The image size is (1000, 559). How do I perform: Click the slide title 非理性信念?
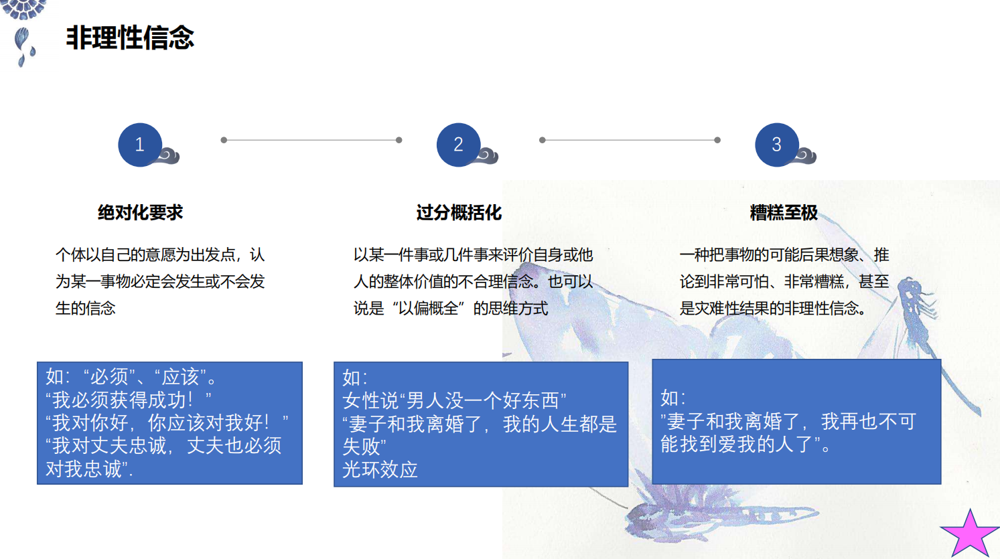[130, 37]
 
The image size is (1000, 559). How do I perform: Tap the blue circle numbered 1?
[140, 145]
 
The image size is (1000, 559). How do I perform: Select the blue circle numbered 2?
[459, 145]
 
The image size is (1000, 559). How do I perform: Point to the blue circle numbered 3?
[777, 145]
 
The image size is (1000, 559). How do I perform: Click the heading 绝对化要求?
[140, 212]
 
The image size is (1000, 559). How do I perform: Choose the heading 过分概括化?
[459, 212]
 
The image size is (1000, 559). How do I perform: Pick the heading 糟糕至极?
[784, 212]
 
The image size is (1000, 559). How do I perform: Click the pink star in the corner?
[970, 534]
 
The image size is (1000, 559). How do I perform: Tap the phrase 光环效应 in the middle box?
[380, 470]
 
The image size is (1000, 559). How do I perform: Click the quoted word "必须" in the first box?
[109, 377]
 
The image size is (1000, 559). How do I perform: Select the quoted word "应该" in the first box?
[180, 377]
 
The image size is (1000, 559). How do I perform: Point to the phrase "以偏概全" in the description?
[428, 308]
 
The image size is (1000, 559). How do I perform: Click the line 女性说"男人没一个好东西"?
[455, 400]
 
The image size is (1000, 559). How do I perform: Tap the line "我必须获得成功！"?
[129, 400]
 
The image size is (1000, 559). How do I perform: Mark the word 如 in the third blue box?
[670, 398]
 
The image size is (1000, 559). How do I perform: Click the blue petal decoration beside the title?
[23, 46]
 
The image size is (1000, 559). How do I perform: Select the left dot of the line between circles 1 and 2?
[224, 140]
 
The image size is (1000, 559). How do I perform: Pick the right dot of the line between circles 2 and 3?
[717, 140]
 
